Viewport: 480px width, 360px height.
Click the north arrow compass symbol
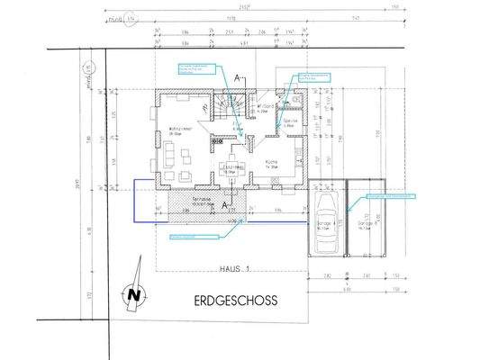(x=134, y=292)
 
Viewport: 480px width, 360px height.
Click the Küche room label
(x=275, y=166)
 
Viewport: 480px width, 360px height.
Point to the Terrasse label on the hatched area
(x=204, y=201)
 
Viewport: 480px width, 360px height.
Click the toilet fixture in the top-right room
(x=295, y=101)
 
